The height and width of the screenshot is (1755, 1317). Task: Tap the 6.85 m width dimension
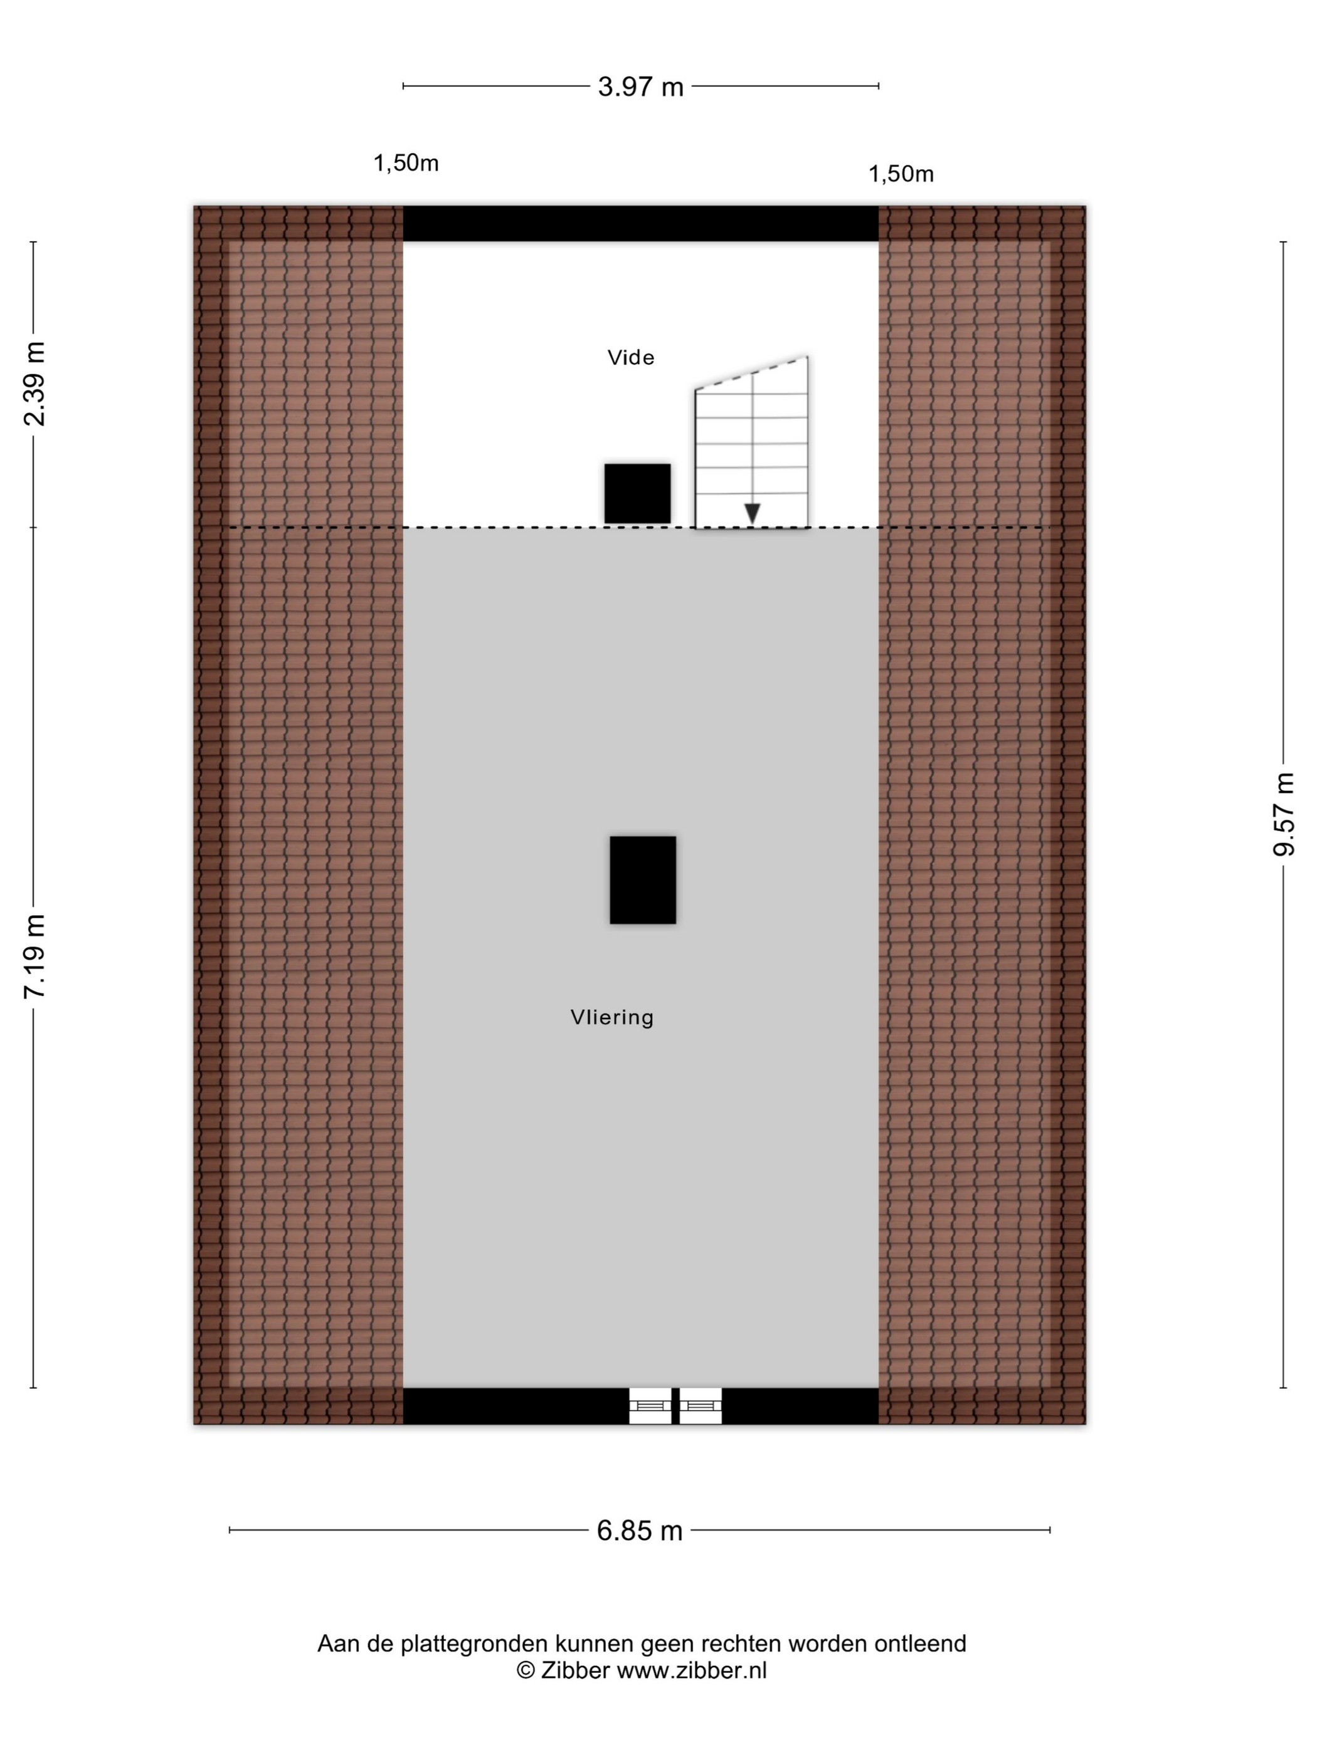[640, 1531]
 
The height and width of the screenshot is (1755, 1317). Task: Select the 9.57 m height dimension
[1284, 814]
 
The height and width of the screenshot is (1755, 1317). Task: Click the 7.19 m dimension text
[34, 956]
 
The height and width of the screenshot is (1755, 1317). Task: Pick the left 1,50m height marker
[406, 164]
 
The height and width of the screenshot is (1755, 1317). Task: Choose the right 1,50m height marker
[901, 174]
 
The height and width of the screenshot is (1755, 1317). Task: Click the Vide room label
[631, 358]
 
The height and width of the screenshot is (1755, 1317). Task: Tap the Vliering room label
[612, 1018]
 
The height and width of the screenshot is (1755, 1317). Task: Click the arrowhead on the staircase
[752, 513]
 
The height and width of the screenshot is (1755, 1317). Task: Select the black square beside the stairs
[637, 493]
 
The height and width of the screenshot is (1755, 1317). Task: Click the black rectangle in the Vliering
[643, 880]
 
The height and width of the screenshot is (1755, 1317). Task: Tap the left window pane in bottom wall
[650, 1406]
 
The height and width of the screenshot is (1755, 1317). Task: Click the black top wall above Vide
[641, 224]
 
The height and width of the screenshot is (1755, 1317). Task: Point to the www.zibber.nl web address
[692, 1670]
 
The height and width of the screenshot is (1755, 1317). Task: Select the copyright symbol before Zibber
[526, 1670]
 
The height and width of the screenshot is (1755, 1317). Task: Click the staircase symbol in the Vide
[752, 442]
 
